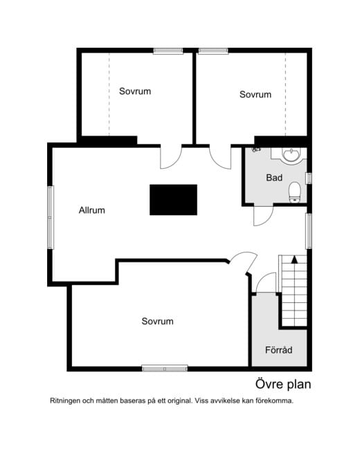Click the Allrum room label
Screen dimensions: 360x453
tap(91, 210)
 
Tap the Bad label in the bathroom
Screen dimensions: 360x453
tap(274, 178)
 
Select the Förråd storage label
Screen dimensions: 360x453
tap(279, 350)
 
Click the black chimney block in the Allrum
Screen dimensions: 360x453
tap(174, 200)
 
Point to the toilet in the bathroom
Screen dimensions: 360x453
tap(295, 192)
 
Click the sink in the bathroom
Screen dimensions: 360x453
tap(291, 156)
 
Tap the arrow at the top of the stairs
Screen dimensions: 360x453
tap(294, 259)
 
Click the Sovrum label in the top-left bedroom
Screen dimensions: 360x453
tap(135, 91)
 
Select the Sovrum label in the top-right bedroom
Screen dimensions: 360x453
tap(255, 95)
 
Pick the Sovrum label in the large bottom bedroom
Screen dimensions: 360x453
tap(158, 322)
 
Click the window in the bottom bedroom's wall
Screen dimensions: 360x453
tap(165, 369)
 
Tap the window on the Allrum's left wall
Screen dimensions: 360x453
tap(51, 217)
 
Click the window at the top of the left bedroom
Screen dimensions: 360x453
tap(168, 51)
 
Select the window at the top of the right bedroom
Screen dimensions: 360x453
tap(213, 51)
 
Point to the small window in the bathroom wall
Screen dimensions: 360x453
tap(309, 178)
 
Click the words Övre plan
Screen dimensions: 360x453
tap(283, 385)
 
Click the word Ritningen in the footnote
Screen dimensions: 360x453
tap(65, 401)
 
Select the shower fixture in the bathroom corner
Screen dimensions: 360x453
tap(256, 149)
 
